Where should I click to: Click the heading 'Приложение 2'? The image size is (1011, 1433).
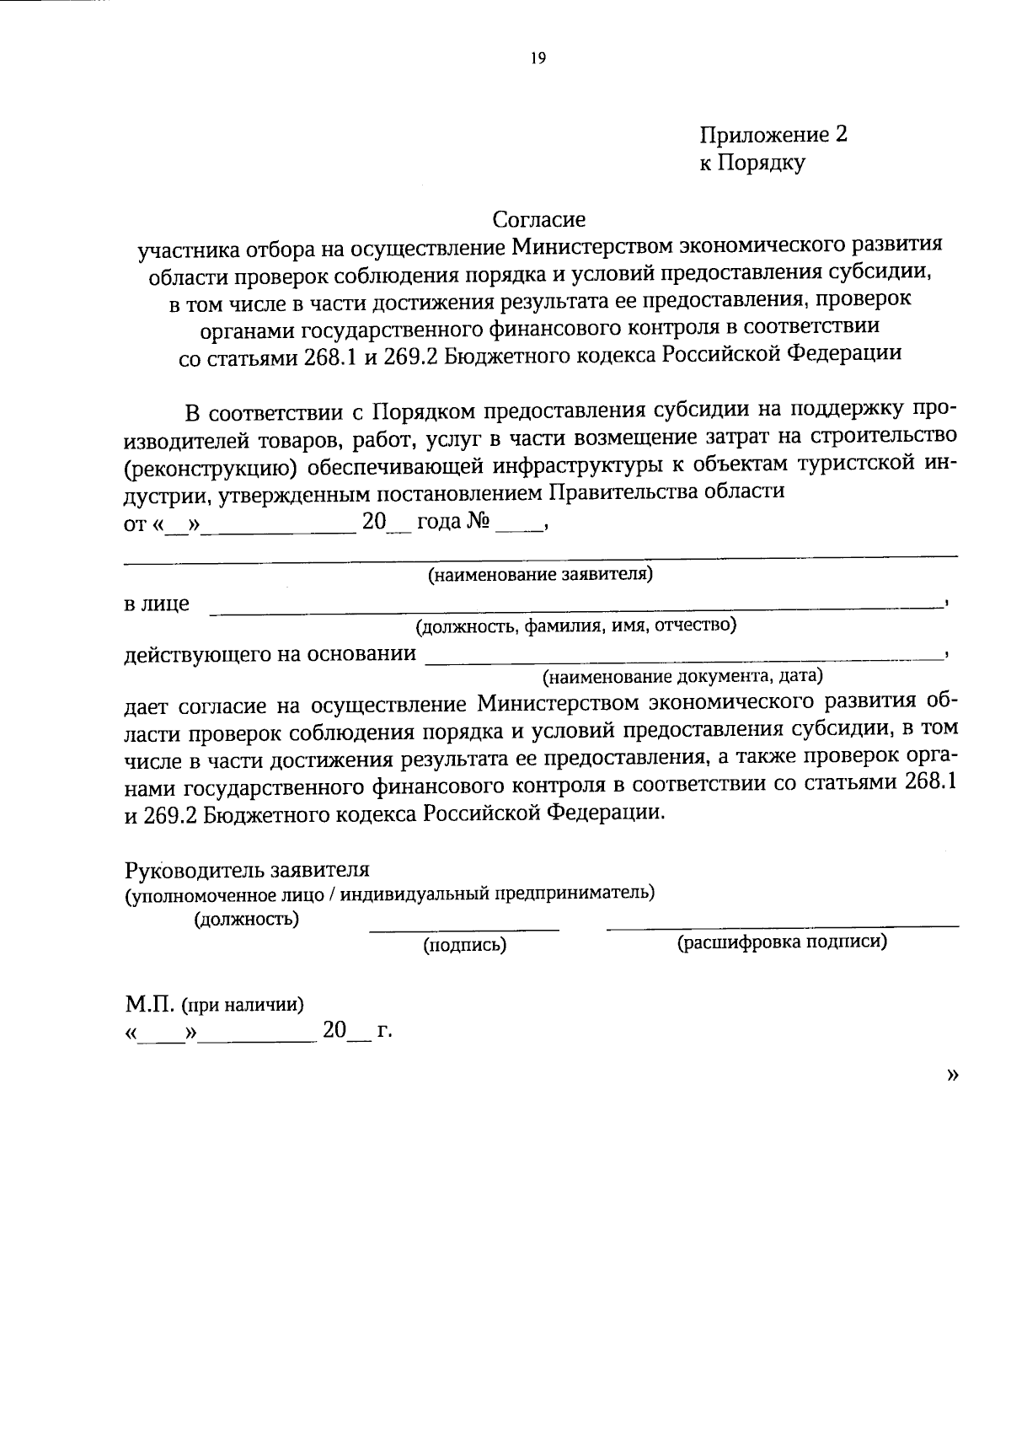(773, 135)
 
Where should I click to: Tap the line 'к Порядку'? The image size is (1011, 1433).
(752, 163)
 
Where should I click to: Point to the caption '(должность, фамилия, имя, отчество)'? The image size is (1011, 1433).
(575, 625)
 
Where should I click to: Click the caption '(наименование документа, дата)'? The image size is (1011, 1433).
(682, 676)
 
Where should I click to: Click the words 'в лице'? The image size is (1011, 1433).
(157, 604)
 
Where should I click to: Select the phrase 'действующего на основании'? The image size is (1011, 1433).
(270, 653)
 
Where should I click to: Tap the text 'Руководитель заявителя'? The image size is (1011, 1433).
(247, 869)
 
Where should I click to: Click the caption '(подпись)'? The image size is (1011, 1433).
(464, 945)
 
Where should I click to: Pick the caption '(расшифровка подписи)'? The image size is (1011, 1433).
(782, 943)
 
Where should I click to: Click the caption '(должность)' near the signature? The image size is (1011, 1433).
(246, 919)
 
